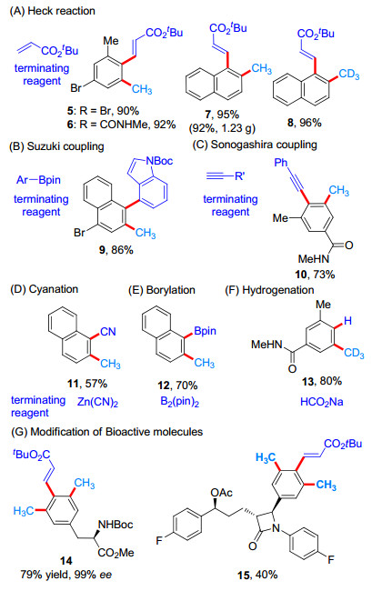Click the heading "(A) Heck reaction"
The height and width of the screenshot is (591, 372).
(53, 11)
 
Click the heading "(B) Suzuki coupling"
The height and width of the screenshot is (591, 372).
(56, 146)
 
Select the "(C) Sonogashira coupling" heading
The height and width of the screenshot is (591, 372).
(255, 145)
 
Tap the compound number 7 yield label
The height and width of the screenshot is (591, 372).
(222, 115)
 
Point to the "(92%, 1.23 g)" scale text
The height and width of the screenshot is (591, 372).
(222, 128)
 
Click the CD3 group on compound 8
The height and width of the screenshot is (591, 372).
(348, 75)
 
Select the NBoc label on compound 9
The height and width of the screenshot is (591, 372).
(159, 161)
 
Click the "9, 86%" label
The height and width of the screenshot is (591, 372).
(116, 250)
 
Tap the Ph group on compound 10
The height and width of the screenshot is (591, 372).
(281, 163)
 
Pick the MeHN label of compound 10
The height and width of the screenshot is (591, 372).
(313, 259)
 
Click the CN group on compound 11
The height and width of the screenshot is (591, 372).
(108, 331)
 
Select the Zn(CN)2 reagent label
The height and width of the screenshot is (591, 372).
(98, 402)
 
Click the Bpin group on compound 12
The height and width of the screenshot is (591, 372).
(205, 331)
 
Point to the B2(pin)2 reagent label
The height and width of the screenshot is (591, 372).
(180, 402)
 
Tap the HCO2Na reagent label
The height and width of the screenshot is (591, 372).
(321, 402)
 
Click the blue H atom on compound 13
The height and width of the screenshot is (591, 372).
(347, 321)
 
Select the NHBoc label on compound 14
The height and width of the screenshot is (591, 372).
(116, 525)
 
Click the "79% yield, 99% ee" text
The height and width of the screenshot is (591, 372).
(66, 575)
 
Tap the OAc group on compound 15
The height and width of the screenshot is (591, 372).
(222, 493)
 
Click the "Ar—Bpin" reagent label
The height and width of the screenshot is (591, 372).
(38, 180)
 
